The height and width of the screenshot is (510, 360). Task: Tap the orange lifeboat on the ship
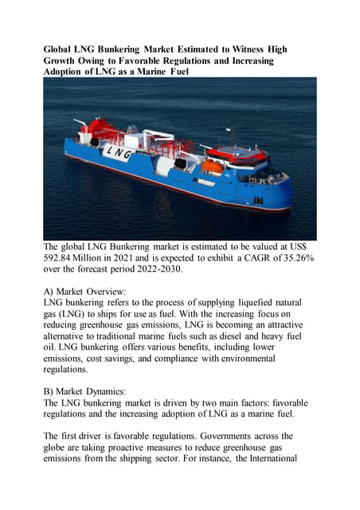211,167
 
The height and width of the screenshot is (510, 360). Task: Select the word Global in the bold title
61,49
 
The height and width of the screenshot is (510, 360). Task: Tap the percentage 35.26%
291,259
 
